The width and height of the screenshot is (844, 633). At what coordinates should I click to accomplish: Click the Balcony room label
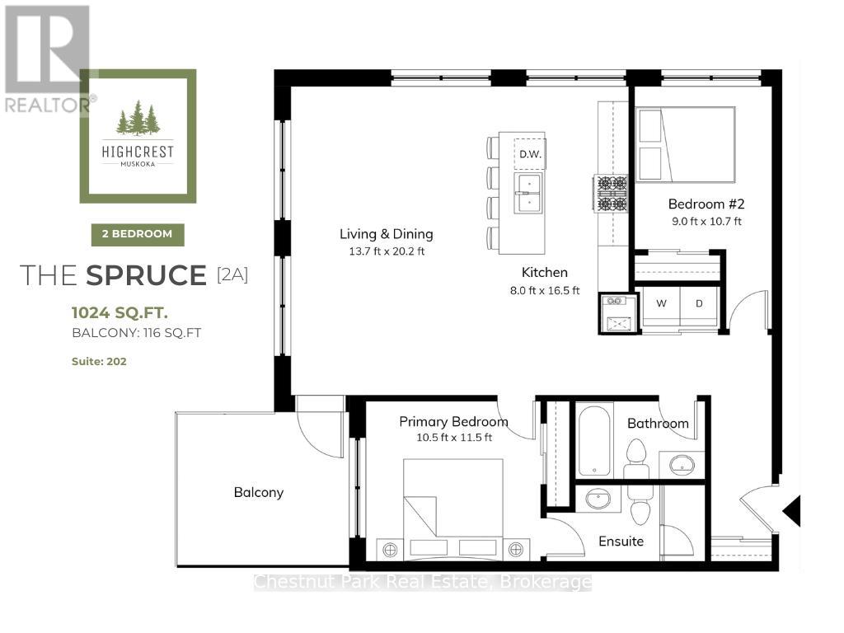(x=258, y=492)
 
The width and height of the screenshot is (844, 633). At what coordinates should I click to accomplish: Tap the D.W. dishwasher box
(x=527, y=152)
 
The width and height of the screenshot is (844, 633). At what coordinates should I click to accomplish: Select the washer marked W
(x=661, y=303)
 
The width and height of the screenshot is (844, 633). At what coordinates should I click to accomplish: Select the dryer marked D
(x=699, y=303)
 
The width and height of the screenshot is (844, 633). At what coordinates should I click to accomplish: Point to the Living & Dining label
(x=386, y=233)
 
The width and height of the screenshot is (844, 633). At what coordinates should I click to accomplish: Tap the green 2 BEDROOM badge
(x=138, y=234)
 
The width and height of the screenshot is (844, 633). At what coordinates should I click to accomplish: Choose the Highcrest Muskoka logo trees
(x=138, y=118)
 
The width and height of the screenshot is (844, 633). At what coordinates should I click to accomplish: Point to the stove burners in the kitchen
(x=610, y=193)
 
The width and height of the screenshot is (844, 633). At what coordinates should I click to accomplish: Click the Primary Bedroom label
(x=453, y=421)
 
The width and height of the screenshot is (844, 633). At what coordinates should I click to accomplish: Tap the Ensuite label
(x=621, y=541)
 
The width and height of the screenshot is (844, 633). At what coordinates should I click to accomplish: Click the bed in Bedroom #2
(x=686, y=144)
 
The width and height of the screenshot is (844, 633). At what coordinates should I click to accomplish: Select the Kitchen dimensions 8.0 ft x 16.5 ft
(x=544, y=290)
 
